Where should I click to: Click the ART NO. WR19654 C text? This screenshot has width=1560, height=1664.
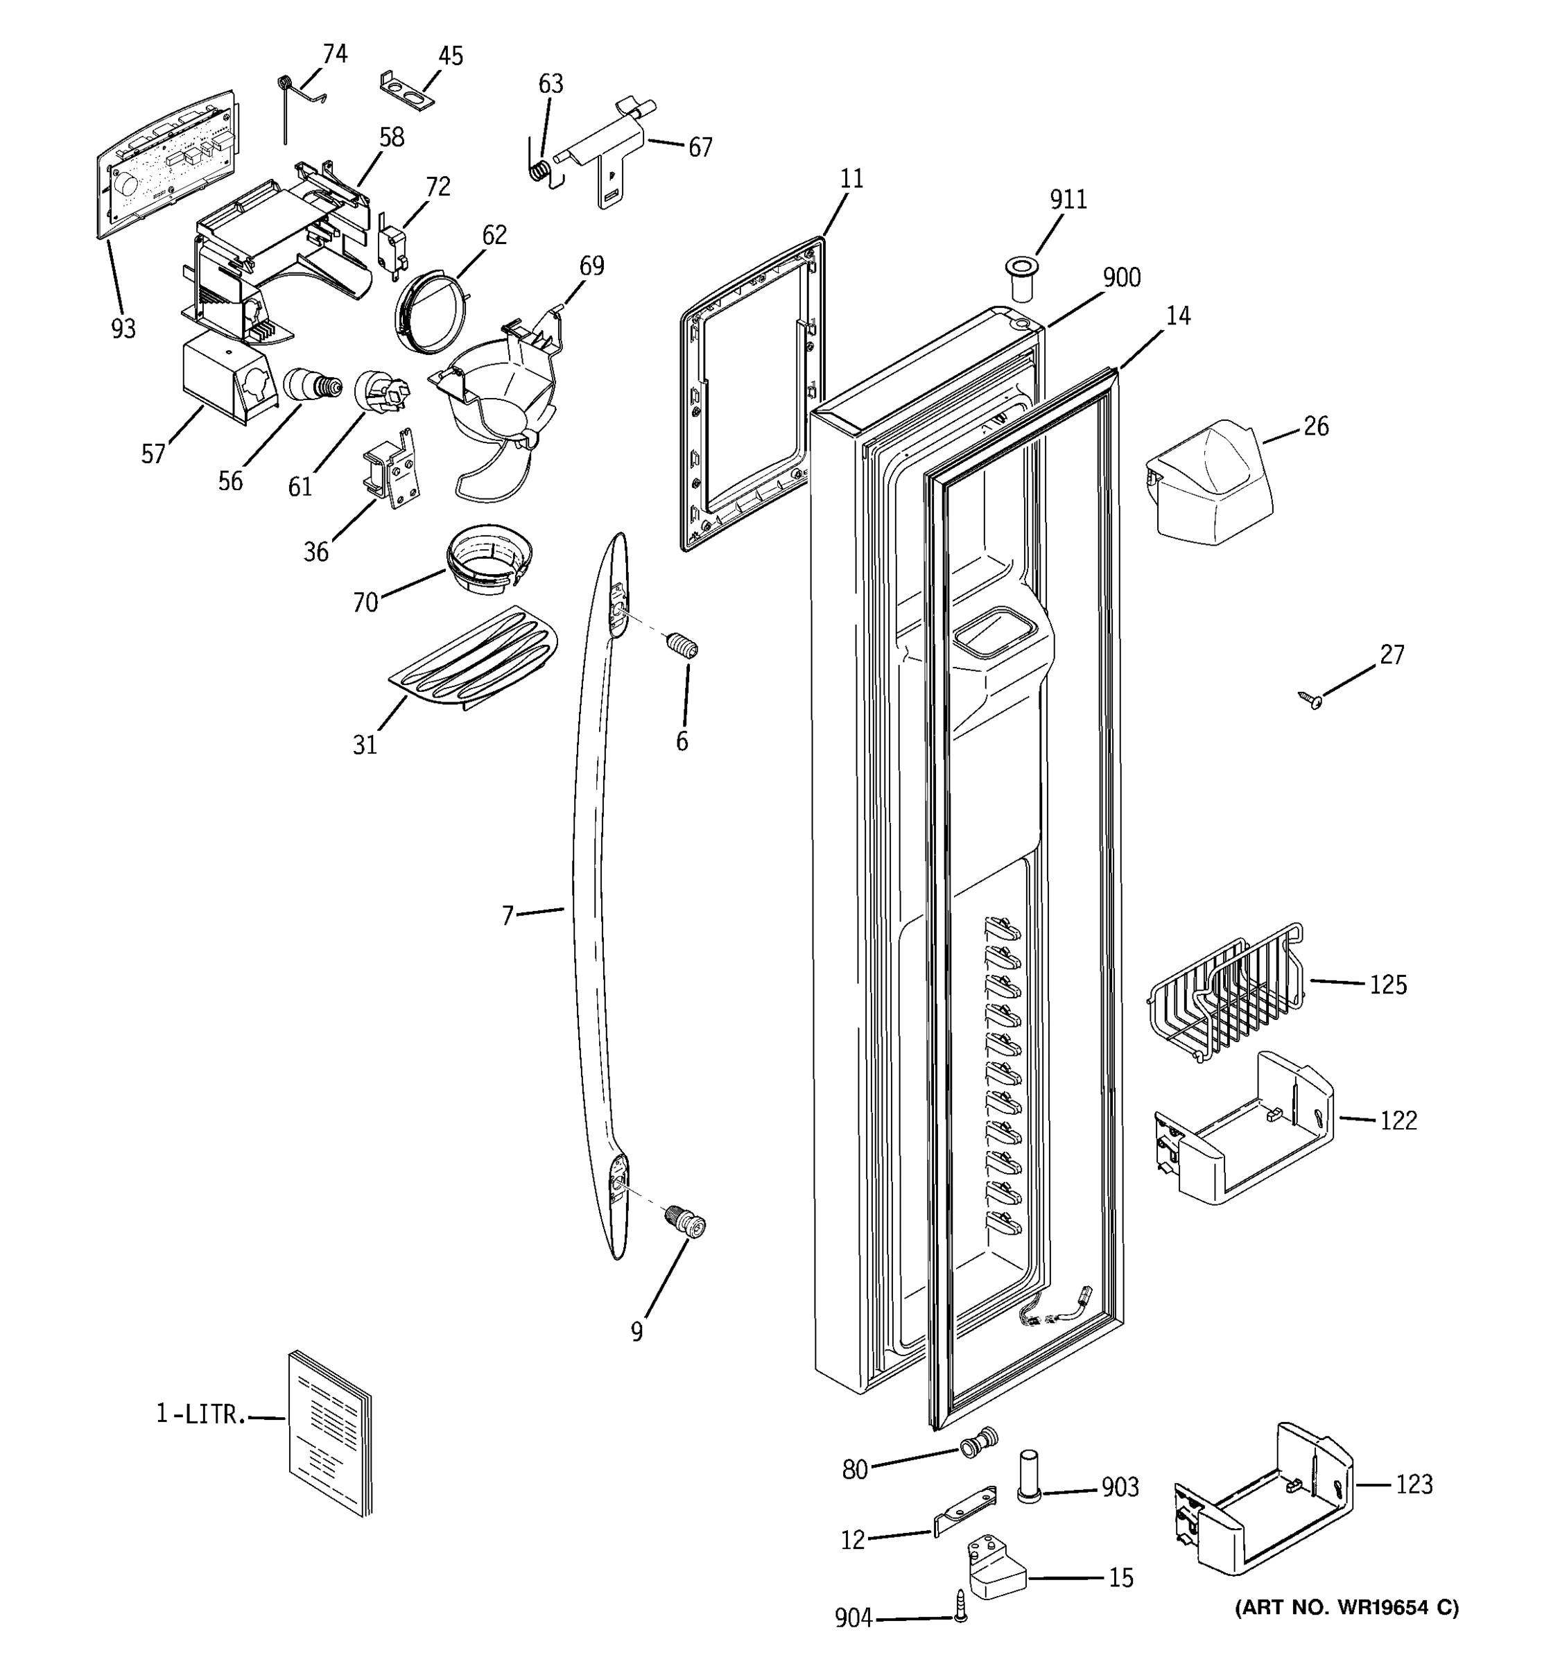click(x=1346, y=1607)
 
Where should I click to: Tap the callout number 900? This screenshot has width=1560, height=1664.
click(x=1121, y=278)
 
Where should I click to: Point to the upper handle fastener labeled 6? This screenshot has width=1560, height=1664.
click(x=682, y=646)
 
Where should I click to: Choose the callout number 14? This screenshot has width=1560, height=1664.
click(x=1177, y=316)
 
